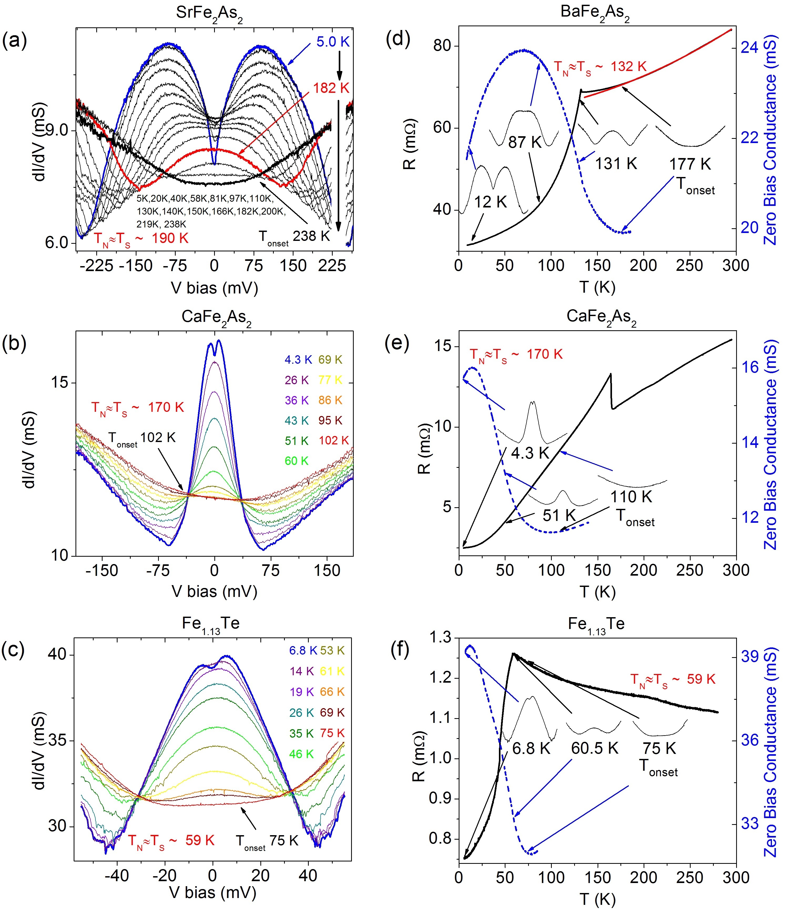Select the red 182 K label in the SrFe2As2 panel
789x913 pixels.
pos(331,88)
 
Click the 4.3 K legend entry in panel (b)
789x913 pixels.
pos(298,359)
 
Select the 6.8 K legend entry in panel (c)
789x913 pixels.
pos(303,650)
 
